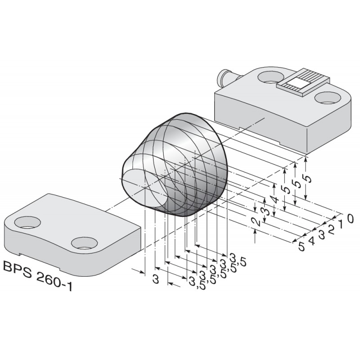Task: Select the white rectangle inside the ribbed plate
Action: coord(298,82)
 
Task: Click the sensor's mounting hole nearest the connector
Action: coord(268,77)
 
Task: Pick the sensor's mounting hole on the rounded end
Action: coord(327,97)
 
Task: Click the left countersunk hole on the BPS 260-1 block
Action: coord(27,221)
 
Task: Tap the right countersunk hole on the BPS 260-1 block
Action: coord(85,243)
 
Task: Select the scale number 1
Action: coord(341,224)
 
